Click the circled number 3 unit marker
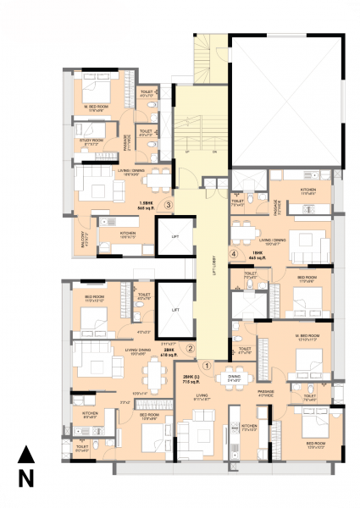coord(169,204)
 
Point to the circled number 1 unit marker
coord(204,365)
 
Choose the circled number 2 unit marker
coord(191,347)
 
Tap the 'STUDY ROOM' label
coord(91,141)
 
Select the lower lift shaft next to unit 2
coord(175,311)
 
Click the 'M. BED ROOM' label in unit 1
coord(303,336)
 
